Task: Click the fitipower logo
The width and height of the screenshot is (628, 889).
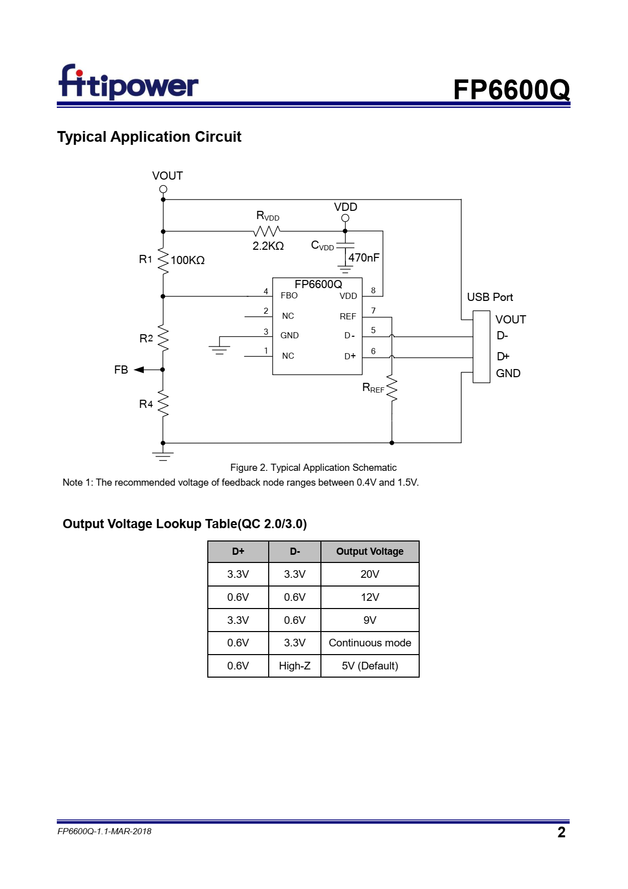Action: (128, 82)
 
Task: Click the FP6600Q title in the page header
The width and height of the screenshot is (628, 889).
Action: (511, 90)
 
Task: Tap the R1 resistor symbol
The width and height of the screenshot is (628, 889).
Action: (163, 262)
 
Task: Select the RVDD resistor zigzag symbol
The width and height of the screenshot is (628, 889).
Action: (267, 231)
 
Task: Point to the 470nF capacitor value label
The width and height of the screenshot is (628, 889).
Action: (364, 257)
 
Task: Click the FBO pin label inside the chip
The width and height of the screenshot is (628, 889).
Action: (289, 295)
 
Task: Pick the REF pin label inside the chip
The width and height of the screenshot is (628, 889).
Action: (348, 316)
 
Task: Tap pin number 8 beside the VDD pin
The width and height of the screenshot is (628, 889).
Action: (373, 290)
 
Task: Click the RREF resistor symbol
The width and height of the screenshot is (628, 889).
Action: (392, 388)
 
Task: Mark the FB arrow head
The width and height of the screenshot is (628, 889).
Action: (139, 370)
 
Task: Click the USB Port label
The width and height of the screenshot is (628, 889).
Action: (490, 297)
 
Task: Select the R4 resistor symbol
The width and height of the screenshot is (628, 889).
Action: (163, 404)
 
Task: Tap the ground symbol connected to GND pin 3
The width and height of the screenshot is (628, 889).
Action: (219, 350)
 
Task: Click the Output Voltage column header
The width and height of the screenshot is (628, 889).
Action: (370, 551)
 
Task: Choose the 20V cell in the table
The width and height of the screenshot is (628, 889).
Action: (370, 574)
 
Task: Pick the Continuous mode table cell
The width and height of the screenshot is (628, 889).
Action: (370, 643)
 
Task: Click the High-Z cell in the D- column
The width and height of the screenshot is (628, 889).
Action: (295, 666)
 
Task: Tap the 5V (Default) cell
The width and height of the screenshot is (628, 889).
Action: (370, 666)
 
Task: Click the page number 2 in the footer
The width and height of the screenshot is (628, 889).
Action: (561, 832)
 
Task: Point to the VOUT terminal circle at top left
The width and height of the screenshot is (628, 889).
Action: (163, 189)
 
